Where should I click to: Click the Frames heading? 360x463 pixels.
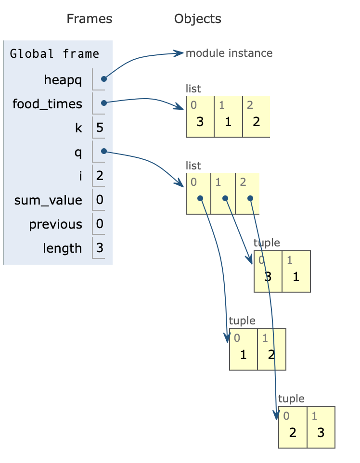coord(89,19)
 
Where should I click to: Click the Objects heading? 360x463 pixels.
coord(197,19)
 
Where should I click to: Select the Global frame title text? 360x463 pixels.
coord(54,53)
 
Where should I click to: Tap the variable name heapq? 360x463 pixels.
coord(63,80)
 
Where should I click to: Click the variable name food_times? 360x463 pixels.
coord(47,104)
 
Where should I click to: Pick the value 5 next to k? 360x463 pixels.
coord(100,128)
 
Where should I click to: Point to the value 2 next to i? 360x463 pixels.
coord(100,176)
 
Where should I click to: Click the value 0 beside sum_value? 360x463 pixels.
coord(100,200)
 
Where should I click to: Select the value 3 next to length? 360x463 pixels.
coord(100,248)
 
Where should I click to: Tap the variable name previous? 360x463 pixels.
coord(55,224)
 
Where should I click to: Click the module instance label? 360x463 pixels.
coord(229,53)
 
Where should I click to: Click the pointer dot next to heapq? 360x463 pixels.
coord(103,79)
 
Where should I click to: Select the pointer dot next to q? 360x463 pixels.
coord(103,151)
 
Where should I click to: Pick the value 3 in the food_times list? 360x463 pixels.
coord(200,121)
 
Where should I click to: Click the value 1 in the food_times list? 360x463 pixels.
coord(228,121)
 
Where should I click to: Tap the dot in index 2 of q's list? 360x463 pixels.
coord(250,198)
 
